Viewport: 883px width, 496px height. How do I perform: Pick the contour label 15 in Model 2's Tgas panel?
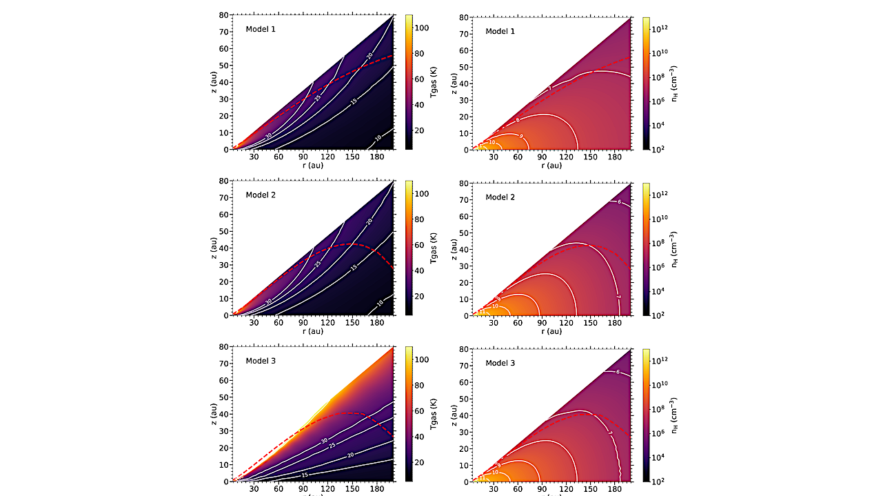click(354, 267)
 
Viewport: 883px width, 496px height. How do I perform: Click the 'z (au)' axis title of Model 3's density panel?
click(454, 415)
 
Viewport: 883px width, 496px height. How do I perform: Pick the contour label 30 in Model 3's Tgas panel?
click(324, 439)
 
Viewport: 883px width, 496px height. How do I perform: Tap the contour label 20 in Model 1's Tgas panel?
click(369, 56)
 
